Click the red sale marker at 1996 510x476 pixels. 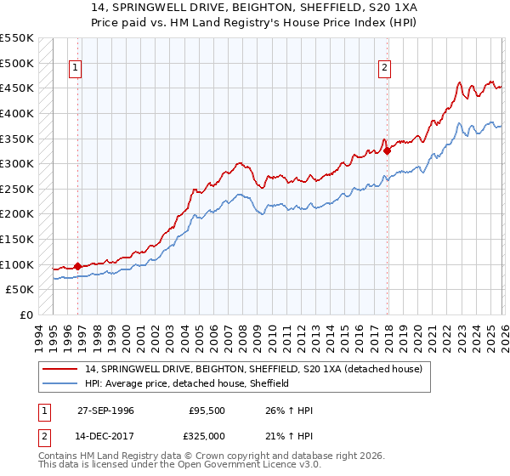tap(77, 266)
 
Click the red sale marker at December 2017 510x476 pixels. tap(388, 150)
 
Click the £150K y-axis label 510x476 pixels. tap(17, 240)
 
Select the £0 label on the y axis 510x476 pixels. tap(25, 315)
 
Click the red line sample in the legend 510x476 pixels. tap(59, 369)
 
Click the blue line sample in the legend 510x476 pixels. tap(59, 383)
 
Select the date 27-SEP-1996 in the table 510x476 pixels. tap(105, 411)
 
